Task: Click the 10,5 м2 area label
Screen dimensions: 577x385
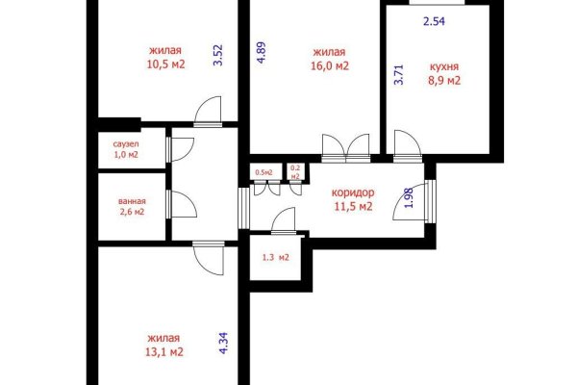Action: pyautogui.click(x=166, y=64)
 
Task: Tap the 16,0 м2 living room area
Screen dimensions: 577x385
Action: pyautogui.click(x=330, y=66)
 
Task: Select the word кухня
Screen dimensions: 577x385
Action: pyautogui.click(x=444, y=66)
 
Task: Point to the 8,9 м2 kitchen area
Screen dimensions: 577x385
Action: pyautogui.click(x=444, y=80)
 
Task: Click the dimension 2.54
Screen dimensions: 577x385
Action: pyautogui.click(x=435, y=21)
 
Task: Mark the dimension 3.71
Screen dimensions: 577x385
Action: pyautogui.click(x=399, y=75)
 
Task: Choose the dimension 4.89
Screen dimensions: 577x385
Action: pyautogui.click(x=261, y=53)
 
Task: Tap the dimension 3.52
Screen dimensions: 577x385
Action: pyautogui.click(x=218, y=55)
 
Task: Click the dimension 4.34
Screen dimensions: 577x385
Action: pyautogui.click(x=224, y=343)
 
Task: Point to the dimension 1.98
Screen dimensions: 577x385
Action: pyautogui.click(x=410, y=198)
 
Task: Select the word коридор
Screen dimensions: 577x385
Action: pyautogui.click(x=353, y=192)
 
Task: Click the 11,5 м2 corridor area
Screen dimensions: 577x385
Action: pyautogui.click(x=353, y=206)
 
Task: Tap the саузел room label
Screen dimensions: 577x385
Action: pyautogui.click(x=126, y=144)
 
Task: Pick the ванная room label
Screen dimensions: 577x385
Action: pyautogui.click(x=132, y=201)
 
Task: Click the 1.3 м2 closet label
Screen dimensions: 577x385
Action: pyautogui.click(x=276, y=258)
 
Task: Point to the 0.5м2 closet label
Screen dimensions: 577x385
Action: pyautogui.click(x=263, y=172)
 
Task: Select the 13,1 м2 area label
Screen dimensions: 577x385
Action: pyautogui.click(x=164, y=352)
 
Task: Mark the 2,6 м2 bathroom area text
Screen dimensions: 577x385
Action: pyautogui.click(x=132, y=212)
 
